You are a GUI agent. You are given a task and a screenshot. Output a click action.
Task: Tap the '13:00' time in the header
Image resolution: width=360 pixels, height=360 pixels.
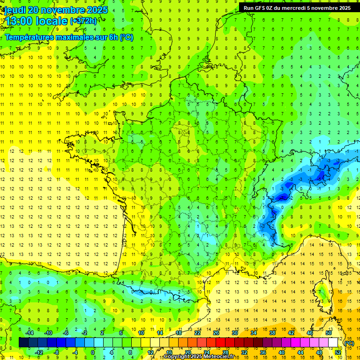pos(19,21)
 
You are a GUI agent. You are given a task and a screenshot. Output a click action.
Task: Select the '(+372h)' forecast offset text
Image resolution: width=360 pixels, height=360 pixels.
pos(83,21)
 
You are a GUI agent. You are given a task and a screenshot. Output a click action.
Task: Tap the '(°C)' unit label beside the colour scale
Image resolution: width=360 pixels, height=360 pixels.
pos(349,343)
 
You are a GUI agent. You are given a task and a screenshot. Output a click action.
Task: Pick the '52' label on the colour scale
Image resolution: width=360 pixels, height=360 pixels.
pos(338,352)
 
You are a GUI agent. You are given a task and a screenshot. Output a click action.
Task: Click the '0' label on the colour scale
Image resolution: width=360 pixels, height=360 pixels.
pos(93,352)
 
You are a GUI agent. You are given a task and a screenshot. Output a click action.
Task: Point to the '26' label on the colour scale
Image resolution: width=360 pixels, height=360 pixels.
pos(216,333)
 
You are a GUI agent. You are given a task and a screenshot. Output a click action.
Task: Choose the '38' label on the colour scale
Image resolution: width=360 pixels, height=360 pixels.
pos(272,333)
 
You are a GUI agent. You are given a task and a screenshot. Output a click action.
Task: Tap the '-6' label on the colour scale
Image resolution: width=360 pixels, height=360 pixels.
pos(66,333)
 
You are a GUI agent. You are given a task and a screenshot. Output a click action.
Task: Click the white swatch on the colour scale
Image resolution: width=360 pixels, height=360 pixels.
pos(333,343)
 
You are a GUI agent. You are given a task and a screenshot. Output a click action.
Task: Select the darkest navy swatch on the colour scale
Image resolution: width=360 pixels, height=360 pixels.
pos(23,343)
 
